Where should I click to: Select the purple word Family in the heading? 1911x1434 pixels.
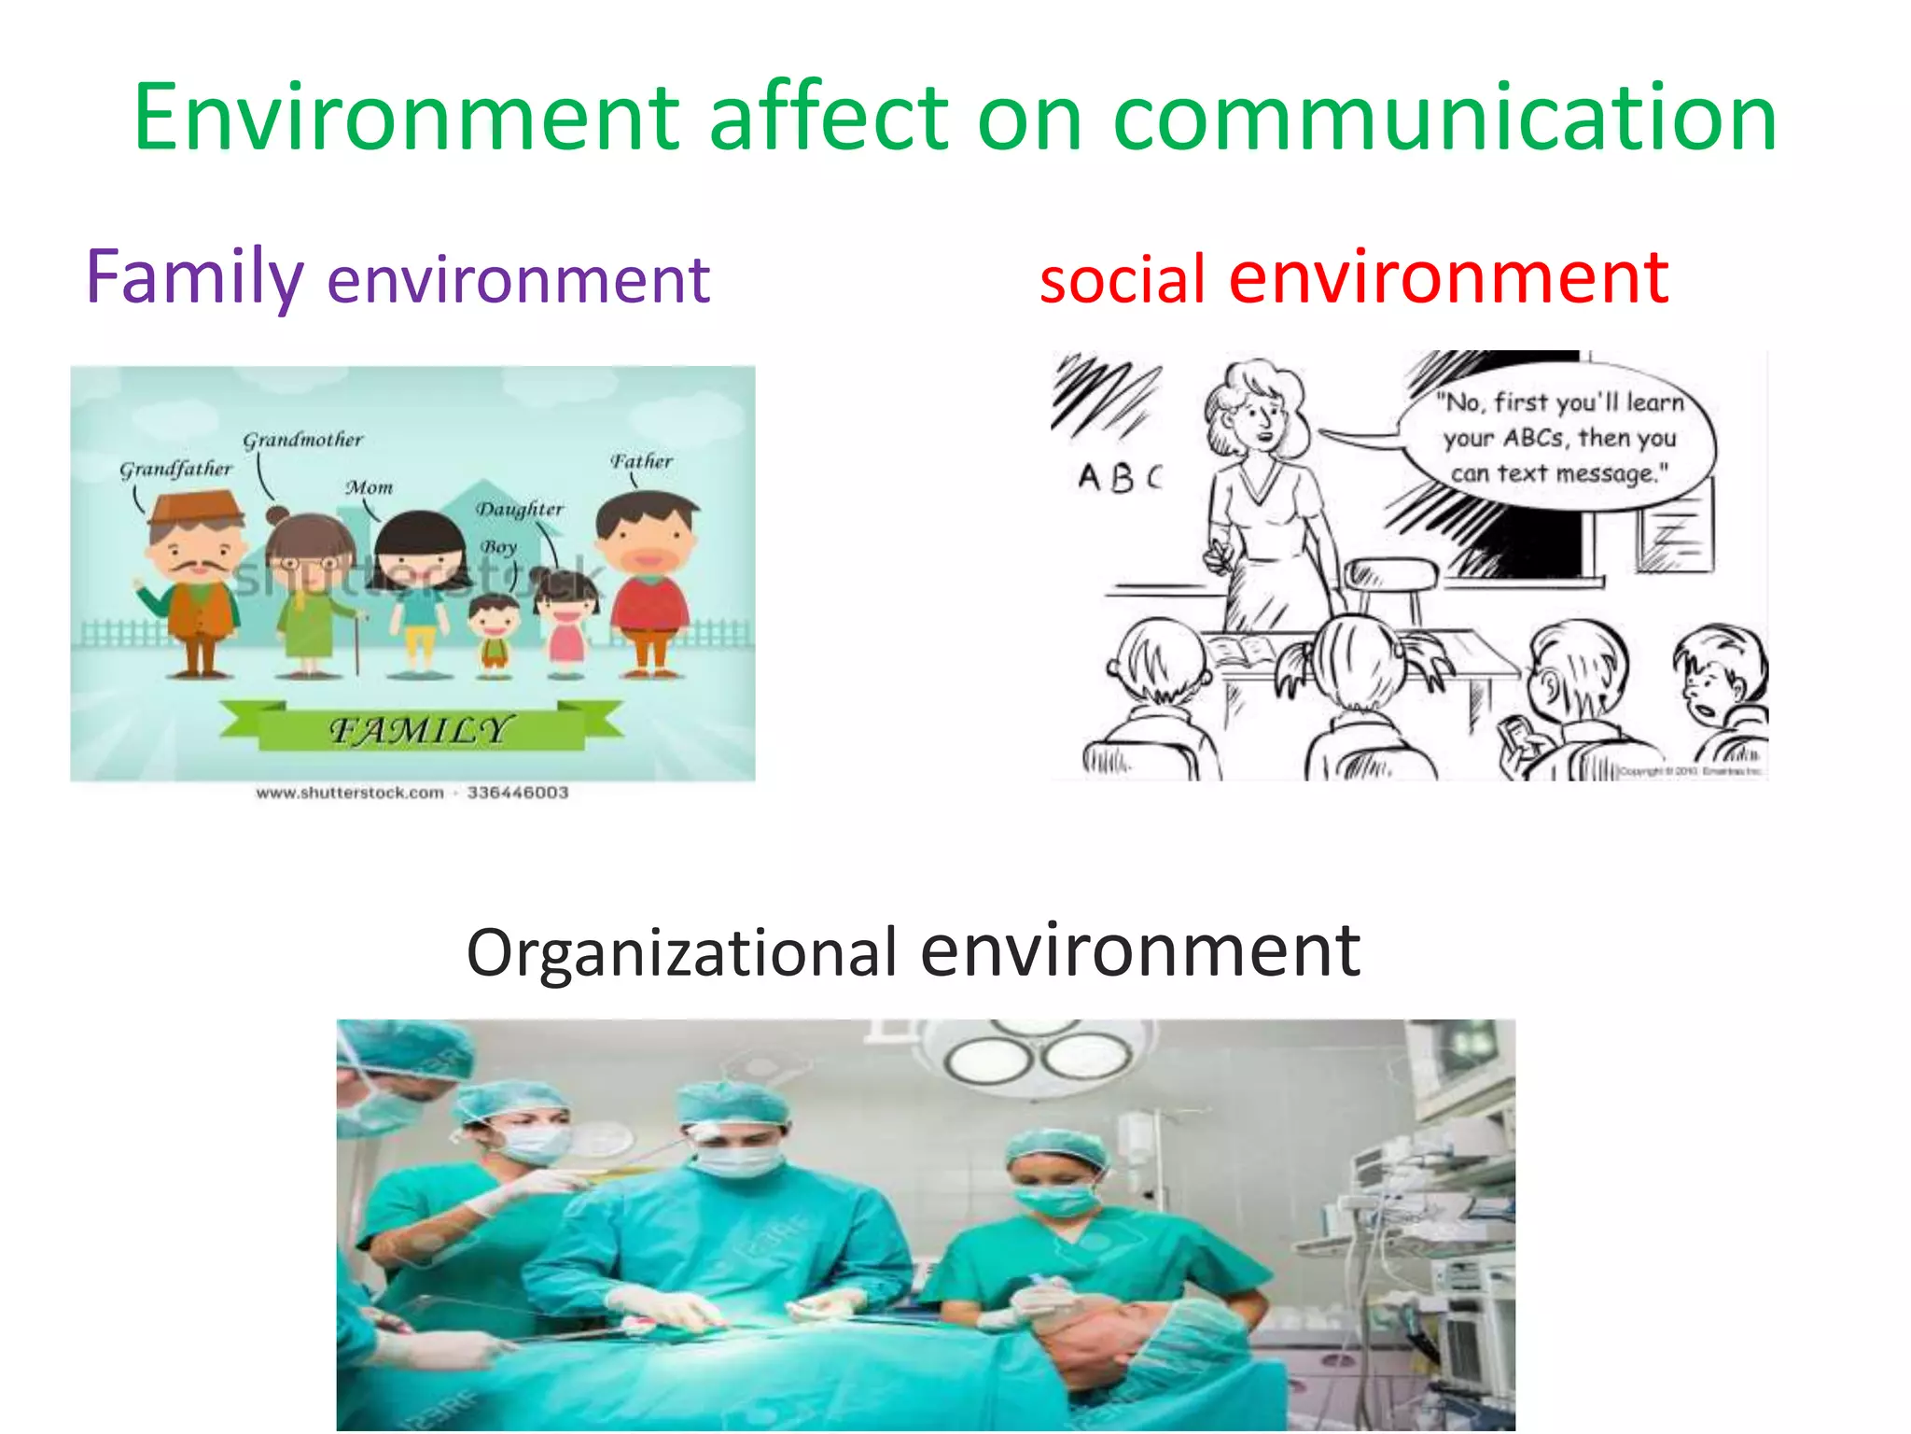pyautogui.click(x=194, y=277)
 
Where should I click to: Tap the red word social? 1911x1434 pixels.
pyautogui.click(x=1123, y=280)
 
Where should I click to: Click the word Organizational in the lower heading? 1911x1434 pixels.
pyautogui.click(x=681, y=953)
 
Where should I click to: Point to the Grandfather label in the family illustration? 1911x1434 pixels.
pyautogui.click(x=175, y=469)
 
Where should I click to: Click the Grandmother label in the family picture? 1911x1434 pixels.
pyautogui.click(x=302, y=440)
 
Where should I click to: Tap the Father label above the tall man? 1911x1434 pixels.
pyautogui.click(x=641, y=461)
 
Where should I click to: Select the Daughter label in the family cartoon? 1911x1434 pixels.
pyautogui.click(x=520, y=510)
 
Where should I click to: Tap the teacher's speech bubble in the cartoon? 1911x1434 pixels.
pyautogui.click(x=1558, y=439)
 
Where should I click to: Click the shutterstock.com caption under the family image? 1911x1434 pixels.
pyautogui.click(x=411, y=793)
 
